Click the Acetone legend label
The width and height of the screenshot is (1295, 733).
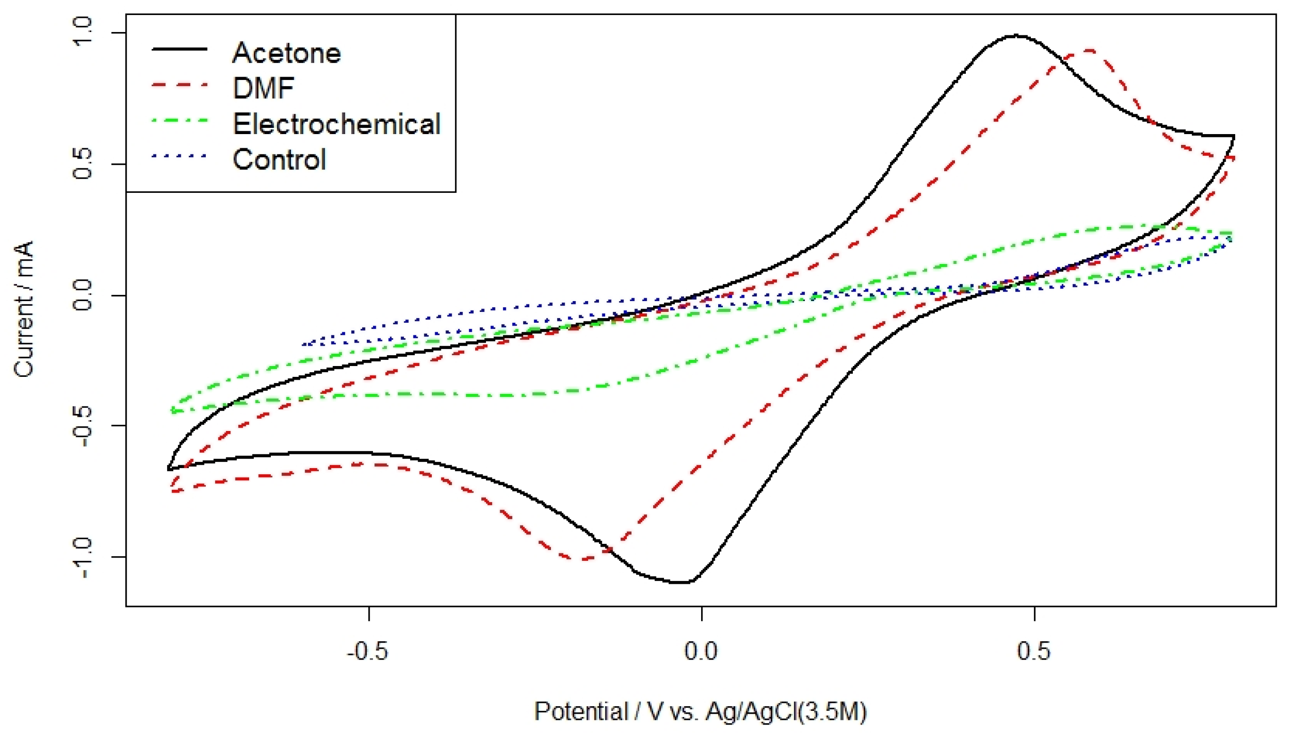coord(286,53)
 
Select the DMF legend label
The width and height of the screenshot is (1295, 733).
coord(263,88)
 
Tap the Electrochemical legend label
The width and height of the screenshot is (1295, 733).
coord(337,124)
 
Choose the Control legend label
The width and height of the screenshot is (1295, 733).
coord(279,159)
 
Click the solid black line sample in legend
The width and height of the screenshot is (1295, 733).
coord(179,49)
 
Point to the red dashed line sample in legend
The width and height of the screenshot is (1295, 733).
coord(179,85)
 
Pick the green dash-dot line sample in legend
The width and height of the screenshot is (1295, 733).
coord(179,120)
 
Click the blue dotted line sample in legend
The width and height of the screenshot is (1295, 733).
coord(179,156)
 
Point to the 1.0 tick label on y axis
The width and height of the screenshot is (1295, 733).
coord(81,32)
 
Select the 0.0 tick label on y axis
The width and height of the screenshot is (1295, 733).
coord(81,295)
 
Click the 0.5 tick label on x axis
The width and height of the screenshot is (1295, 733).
coord(1034,652)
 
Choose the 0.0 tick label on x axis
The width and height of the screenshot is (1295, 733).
coord(701,652)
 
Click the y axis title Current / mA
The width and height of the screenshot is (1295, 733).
coord(24,309)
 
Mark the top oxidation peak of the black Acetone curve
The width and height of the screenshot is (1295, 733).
coord(1015,36)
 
